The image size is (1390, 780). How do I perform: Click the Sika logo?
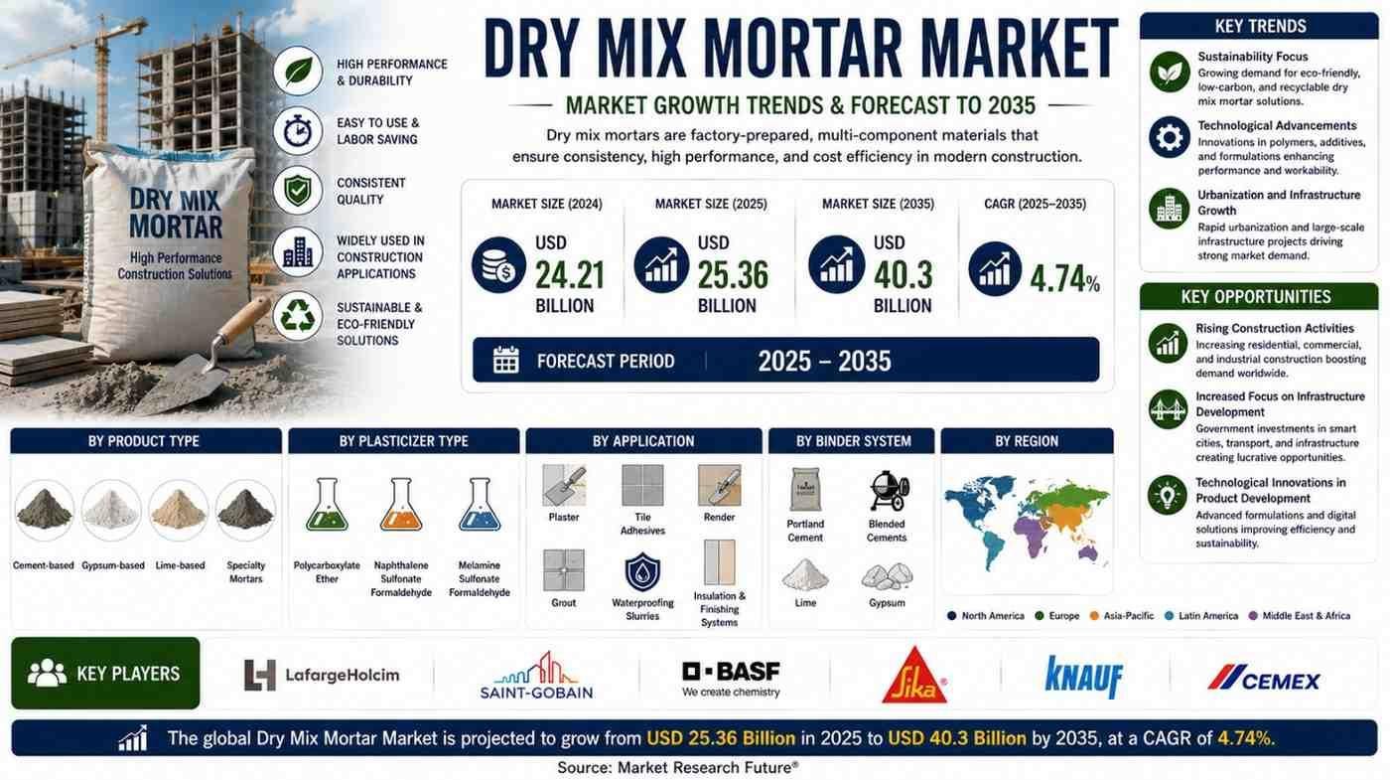(x=914, y=676)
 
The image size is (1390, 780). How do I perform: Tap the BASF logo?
(x=731, y=679)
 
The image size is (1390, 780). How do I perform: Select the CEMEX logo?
(x=1263, y=678)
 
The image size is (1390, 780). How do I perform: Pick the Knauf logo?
(x=1084, y=677)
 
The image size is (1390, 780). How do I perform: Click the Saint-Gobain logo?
(x=536, y=675)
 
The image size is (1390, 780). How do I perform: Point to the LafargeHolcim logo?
(x=322, y=675)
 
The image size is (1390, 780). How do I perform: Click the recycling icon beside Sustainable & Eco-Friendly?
(x=298, y=316)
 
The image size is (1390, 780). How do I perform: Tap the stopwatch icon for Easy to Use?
(x=298, y=131)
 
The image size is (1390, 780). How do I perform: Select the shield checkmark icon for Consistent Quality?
(x=298, y=190)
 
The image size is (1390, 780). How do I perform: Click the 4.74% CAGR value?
(x=1064, y=279)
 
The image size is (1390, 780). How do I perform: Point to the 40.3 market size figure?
(x=903, y=276)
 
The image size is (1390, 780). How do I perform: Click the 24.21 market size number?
(x=570, y=276)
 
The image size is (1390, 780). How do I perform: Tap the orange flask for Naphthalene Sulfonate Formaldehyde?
(x=401, y=505)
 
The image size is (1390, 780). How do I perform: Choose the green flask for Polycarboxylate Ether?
(x=327, y=505)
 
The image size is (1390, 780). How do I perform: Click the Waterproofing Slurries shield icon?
(x=642, y=572)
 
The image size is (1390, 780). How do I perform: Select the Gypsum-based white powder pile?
(x=111, y=510)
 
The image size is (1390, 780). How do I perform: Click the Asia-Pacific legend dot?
(x=1094, y=616)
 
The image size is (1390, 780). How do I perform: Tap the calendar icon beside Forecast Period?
(x=505, y=360)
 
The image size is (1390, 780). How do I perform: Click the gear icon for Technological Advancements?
(x=1170, y=137)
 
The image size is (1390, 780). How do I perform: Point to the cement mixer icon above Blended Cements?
(x=888, y=491)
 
